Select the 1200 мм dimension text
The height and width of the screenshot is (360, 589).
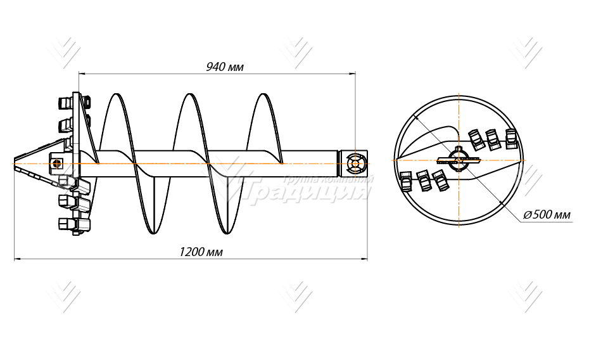point(201,252)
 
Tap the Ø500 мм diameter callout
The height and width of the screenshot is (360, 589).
point(547,215)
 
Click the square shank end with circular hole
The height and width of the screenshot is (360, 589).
point(354,164)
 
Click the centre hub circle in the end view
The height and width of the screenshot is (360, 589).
point(459,158)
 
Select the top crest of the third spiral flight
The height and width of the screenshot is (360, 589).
point(263,96)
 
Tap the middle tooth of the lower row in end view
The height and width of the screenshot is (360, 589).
point(424,181)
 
